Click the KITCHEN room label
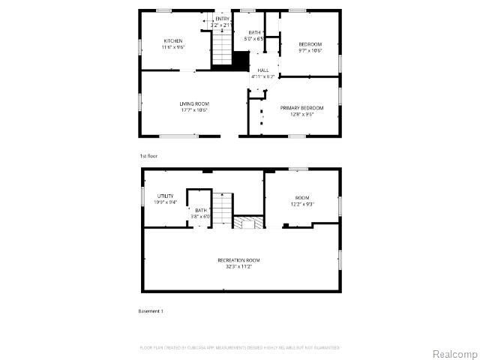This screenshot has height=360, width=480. [173, 40]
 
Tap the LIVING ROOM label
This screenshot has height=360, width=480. [193, 103]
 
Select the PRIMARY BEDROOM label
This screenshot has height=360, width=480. [296, 108]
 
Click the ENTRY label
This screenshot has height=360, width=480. [223, 19]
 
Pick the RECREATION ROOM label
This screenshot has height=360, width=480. [238, 259]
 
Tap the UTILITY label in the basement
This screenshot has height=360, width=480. [165, 196]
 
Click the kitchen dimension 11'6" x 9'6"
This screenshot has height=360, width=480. [173, 47]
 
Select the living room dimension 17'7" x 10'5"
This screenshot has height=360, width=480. [193, 110]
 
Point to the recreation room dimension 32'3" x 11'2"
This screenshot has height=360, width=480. [238, 266]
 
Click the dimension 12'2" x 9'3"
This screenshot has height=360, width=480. [301, 203]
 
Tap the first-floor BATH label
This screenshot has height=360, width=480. [255, 32]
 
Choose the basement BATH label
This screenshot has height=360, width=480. [201, 211]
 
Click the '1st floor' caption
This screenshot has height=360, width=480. [148, 155]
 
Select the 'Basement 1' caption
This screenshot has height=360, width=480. [151, 310]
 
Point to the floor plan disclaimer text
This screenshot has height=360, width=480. [240, 347]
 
